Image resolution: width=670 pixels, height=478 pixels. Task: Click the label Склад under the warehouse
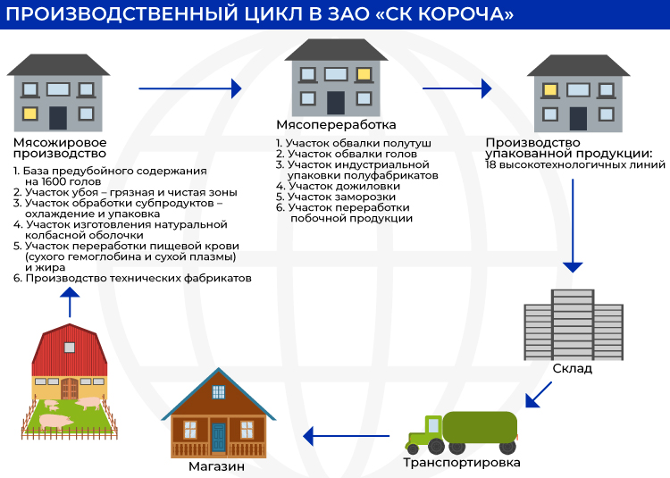coord(571,368)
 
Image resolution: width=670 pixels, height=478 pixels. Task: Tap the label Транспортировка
coord(461,463)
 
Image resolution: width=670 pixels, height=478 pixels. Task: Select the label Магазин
coord(216,466)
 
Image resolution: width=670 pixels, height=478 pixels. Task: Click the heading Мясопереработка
coord(336,125)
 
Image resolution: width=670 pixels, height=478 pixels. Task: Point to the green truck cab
coord(423,432)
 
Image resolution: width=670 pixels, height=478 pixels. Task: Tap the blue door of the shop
coord(218,437)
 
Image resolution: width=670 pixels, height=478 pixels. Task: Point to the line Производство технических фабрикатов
coord(138,279)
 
